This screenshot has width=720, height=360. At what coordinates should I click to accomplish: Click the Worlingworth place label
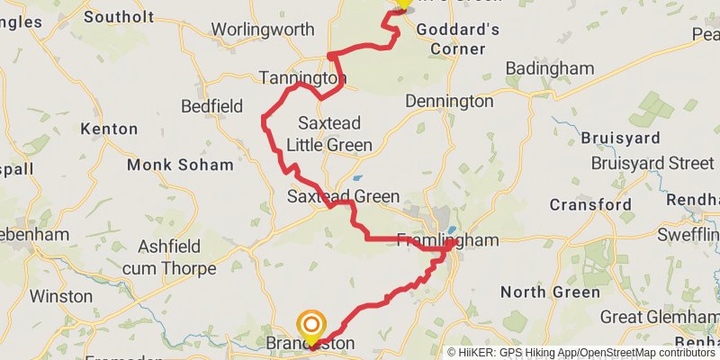(263, 30)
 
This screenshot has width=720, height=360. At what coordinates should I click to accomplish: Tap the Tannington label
(301, 78)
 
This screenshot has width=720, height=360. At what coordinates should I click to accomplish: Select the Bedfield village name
(212, 106)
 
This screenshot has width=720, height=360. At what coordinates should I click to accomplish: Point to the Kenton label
(110, 129)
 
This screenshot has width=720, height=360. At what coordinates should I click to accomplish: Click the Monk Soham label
(180, 165)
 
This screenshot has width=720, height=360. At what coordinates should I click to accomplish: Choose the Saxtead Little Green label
(328, 133)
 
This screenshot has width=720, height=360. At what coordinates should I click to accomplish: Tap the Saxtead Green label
(343, 196)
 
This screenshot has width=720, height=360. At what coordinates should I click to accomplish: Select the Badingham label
(549, 68)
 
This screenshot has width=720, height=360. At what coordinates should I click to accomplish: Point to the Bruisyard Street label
(652, 163)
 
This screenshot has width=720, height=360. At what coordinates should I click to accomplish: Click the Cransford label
(590, 204)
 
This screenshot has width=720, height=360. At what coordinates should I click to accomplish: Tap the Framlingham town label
(447, 240)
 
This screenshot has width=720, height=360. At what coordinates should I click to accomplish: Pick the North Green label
(550, 292)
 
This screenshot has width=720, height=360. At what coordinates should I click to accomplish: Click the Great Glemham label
(659, 317)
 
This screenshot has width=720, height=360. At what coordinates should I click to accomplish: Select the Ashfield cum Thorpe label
(177, 256)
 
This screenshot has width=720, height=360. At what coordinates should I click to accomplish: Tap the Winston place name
(61, 295)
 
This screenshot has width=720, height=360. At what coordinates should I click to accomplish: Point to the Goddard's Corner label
(457, 39)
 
